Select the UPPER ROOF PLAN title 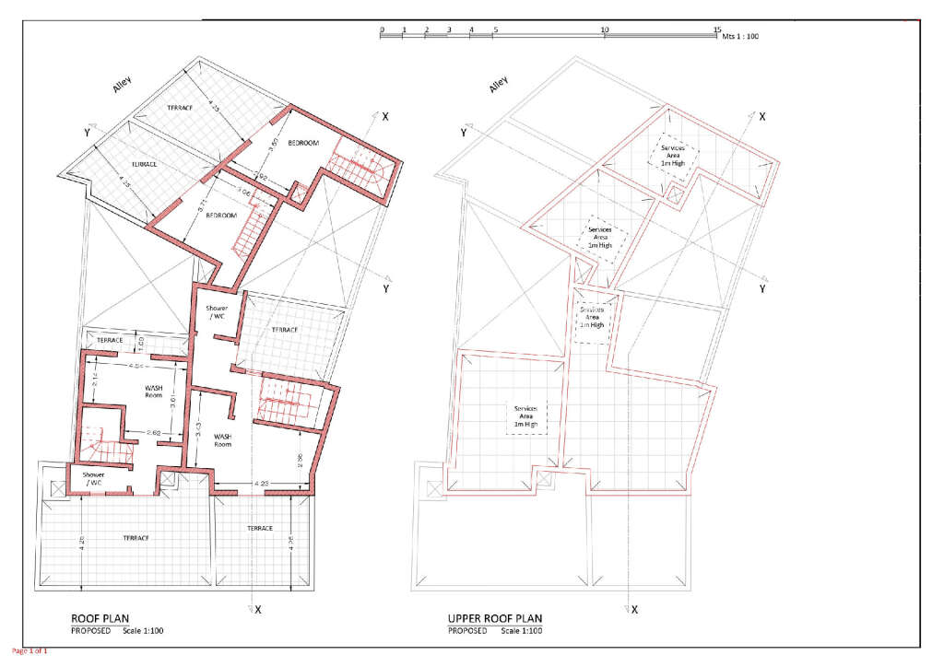(x=494, y=618)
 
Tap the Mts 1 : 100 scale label (x=739, y=37)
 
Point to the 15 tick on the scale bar (x=717, y=29)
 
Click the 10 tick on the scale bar (x=605, y=29)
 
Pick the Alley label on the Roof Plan (x=123, y=84)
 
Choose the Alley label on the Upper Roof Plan (x=499, y=85)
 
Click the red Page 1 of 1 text (x=24, y=651)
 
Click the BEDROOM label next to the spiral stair (x=303, y=143)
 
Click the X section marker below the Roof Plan (x=258, y=609)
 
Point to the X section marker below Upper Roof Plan (x=634, y=609)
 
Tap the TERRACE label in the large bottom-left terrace (x=135, y=537)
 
